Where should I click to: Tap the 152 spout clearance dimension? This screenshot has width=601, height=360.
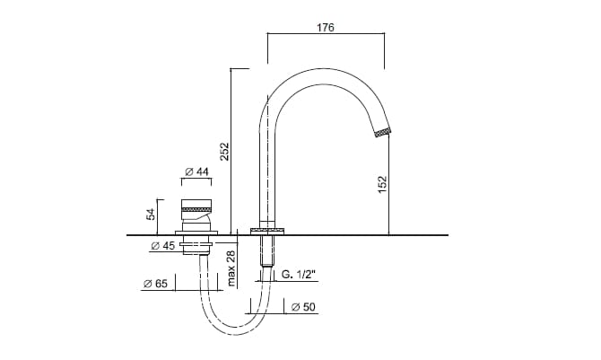pyautogui.click(x=382, y=185)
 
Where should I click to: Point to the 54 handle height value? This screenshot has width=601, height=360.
pyautogui.click(x=152, y=214)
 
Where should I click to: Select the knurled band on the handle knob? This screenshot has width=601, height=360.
pyautogui.click(x=196, y=208)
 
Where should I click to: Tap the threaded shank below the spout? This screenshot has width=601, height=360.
pyautogui.click(x=266, y=251)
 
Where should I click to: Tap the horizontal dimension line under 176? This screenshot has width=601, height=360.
pyautogui.click(x=327, y=37)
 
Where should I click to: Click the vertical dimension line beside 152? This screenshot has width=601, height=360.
pyautogui.click(x=389, y=184)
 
